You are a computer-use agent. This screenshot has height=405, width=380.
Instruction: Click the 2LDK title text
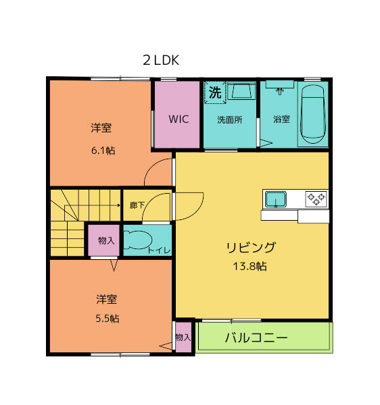point(160,60)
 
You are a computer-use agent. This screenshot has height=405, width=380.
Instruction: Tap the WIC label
point(179,119)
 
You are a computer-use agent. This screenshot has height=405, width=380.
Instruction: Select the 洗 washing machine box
point(215,92)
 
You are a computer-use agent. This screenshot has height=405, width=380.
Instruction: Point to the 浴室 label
point(281,119)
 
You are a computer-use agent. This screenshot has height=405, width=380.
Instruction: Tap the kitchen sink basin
point(276,199)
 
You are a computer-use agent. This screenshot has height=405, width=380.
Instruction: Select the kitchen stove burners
point(316,198)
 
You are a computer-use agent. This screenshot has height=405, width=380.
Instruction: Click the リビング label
point(250,247)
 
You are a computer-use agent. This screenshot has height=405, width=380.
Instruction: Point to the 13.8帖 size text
point(250,266)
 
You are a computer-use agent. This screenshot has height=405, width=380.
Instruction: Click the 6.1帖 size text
point(103,150)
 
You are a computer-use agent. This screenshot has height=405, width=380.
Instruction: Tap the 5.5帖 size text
point(107,318)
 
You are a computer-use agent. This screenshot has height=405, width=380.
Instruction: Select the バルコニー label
point(256,337)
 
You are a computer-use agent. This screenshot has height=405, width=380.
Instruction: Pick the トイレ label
point(160,251)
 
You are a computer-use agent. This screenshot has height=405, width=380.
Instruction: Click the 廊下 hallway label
point(136,205)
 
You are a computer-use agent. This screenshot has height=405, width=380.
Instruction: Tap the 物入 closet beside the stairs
point(105,240)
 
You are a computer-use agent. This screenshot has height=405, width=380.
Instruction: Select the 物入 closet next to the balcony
point(183,337)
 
